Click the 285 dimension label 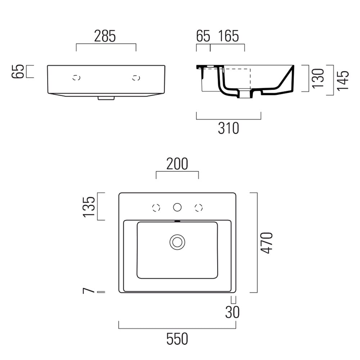point(105,36)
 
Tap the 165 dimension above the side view point(229,36)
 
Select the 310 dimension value point(229,128)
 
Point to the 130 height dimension point(318,78)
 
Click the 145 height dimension point(343,81)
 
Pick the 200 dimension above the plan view point(177,164)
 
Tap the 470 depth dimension point(267,243)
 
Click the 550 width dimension point(177,339)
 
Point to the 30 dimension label point(232,312)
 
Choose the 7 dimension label point(89,291)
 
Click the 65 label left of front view point(18,71)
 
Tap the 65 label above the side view point(203,36)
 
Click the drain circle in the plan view point(177,242)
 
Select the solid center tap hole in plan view point(177,207)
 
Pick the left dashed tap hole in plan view point(156,208)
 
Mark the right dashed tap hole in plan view point(199,208)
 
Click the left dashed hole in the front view point(76,78)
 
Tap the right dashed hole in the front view point(136,78)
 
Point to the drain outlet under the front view point(106,98)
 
